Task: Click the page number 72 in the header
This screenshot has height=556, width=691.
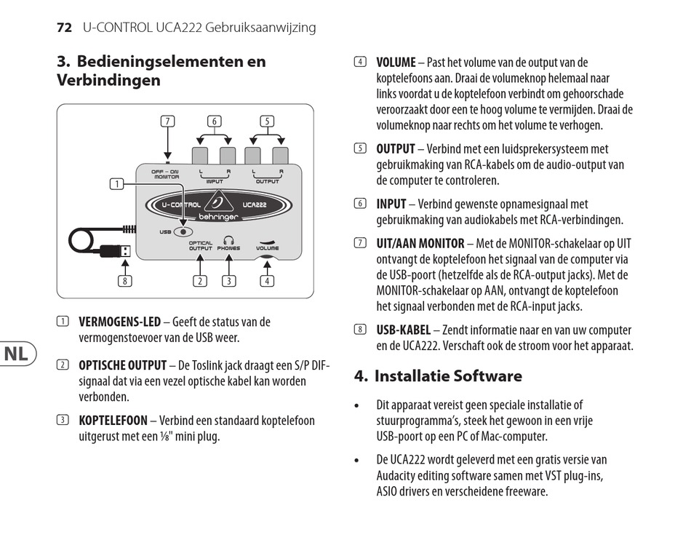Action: [x=64, y=28]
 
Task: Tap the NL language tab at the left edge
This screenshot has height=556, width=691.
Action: [x=17, y=354]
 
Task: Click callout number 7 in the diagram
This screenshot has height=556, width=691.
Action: [x=168, y=122]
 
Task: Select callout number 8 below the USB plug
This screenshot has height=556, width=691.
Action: [x=127, y=281]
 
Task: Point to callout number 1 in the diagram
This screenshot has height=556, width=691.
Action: [x=116, y=184]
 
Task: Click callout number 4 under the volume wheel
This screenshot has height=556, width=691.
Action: [x=267, y=281]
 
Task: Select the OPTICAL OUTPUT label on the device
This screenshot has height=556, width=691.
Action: [x=201, y=246]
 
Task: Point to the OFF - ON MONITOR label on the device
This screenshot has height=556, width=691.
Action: [x=165, y=174]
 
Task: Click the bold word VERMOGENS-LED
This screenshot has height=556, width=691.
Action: [x=119, y=322]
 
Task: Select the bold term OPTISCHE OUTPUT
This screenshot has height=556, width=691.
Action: [x=121, y=365]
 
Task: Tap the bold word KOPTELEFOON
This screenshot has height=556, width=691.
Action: [x=113, y=421]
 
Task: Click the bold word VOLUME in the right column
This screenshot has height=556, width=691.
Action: [x=396, y=63]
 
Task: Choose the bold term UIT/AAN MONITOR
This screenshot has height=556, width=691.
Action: [x=420, y=243]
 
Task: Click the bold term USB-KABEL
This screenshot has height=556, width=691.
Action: [x=403, y=330]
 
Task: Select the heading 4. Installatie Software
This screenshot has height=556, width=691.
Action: [x=438, y=376]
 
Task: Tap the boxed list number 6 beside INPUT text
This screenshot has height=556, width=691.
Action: [x=359, y=204]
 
